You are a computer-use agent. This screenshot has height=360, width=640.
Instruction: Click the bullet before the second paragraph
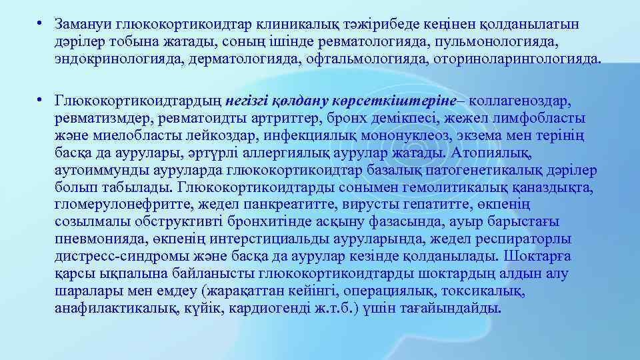point(41,99)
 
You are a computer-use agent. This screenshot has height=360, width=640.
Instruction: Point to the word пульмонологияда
point(496,41)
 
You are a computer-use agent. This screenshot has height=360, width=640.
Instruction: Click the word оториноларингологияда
point(517,59)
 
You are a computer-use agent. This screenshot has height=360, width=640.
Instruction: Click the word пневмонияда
point(99,239)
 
